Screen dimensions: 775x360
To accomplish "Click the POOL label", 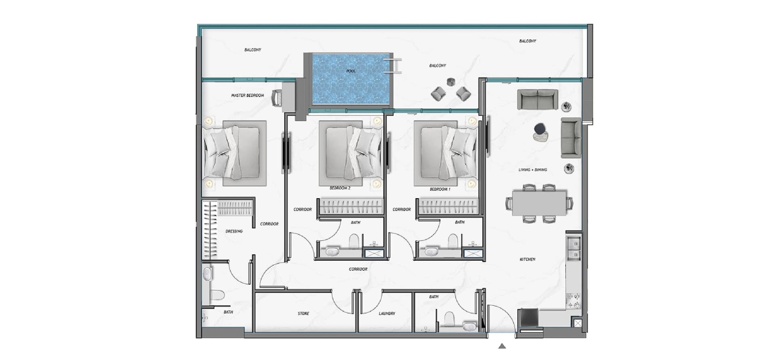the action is pyautogui.click(x=351, y=71).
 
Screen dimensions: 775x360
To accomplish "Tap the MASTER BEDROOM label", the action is pyautogui.click(x=247, y=96).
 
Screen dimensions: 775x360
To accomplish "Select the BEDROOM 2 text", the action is pyautogui.click(x=340, y=188).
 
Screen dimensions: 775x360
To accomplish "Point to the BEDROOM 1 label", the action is pyautogui.click(x=440, y=189).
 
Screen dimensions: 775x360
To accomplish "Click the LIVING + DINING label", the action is pyautogui.click(x=533, y=170).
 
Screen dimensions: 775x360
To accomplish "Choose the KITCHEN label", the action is pyautogui.click(x=528, y=260).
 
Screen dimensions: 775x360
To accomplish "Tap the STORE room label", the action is pyautogui.click(x=304, y=314).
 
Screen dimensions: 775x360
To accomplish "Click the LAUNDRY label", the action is pyautogui.click(x=387, y=314).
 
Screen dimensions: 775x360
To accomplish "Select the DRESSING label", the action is pyautogui.click(x=234, y=231).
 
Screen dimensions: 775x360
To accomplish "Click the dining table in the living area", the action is pyautogui.click(x=539, y=203).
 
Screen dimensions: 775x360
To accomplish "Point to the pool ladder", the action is pyautogui.click(x=392, y=66).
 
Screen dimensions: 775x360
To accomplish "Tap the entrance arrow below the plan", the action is pyautogui.click(x=502, y=346).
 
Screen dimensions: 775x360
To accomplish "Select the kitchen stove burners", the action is pyautogui.click(x=574, y=301).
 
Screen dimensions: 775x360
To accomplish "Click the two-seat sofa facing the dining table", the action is pyautogui.click(x=538, y=99).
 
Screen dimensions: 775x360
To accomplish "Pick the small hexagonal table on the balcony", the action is pyautogui.click(x=451, y=82).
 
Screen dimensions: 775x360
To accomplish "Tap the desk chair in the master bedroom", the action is pyautogui.click(x=277, y=98).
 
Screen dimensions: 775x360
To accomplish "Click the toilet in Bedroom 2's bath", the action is pyautogui.click(x=354, y=241).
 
